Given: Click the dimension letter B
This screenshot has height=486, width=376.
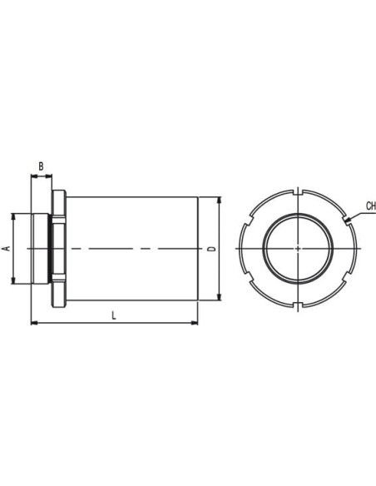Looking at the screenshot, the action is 41,166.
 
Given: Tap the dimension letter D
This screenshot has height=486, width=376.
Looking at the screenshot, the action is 211,249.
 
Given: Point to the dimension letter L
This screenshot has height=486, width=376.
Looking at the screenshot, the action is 114,315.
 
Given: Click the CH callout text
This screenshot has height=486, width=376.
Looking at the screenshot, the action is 371,206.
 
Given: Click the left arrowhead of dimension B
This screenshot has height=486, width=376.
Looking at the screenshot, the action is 34,176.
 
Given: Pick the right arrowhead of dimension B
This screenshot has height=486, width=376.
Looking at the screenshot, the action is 49,176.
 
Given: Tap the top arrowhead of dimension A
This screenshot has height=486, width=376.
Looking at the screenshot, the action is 13,216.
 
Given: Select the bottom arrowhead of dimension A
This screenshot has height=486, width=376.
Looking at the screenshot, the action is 13,280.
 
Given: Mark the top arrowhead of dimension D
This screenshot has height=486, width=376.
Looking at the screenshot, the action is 220,201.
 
